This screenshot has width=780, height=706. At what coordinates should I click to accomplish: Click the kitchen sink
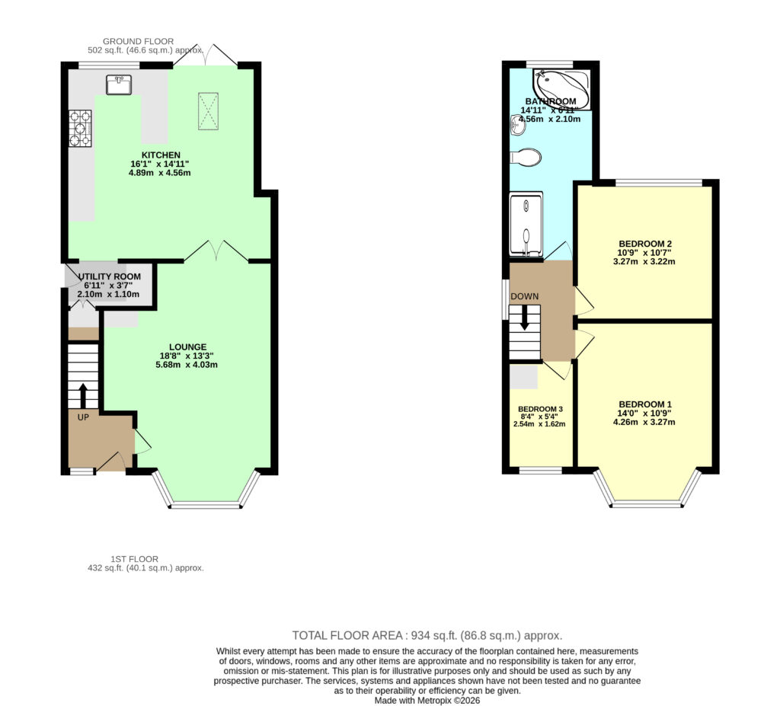[x=119, y=85]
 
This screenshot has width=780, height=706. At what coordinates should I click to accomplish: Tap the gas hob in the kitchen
[x=80, y=129]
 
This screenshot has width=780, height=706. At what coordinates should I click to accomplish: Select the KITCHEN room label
[x=161, y=155]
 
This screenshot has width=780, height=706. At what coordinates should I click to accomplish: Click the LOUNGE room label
[x=187, y=347]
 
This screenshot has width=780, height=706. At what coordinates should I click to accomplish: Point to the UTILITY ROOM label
[x=110, y=276]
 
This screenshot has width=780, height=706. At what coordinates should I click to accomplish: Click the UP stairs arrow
[x=82, y=395]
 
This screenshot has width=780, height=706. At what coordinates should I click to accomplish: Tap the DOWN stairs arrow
[x=524, y=318]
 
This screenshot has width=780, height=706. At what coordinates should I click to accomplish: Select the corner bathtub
[x=562, y=90]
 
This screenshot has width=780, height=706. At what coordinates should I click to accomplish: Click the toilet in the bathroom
[x=526, y=157]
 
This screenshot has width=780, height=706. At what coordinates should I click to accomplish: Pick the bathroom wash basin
[x=517, y=125]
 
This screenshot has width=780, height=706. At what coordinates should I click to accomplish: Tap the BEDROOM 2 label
[x=645, y=244]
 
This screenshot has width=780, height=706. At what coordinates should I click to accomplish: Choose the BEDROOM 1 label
[x=645, y=404]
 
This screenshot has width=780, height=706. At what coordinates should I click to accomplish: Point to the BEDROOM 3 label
[x=540, y=409]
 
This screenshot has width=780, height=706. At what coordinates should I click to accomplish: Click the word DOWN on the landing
[x=524, y=296]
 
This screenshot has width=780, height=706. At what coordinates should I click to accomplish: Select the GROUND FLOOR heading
[x=139, y=41]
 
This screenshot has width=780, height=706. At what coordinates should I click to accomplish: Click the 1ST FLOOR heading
[x=134, y=559]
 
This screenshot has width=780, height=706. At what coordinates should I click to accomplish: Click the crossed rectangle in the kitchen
[x=209, y=111]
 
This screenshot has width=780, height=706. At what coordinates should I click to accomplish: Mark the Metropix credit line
[x=427, y=701]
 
